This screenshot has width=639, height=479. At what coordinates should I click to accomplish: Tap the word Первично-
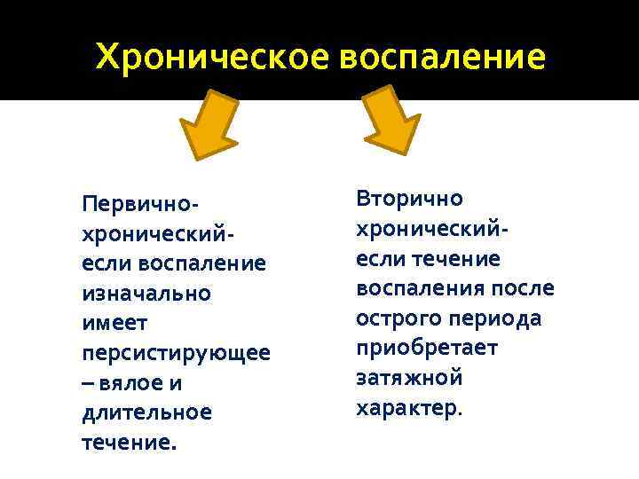tap(139, 204)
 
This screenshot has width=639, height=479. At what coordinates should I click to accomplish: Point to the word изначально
tap(146, 293)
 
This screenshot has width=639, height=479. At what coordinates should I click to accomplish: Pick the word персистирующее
tap(176, 353)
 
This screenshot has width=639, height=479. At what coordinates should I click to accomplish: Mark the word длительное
tap(146, 412)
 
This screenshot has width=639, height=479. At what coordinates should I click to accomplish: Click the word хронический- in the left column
tap(157, 233)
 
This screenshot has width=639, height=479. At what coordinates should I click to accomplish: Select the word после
tap(522, 288)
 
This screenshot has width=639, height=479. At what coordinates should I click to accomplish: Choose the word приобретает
tap(427, 348)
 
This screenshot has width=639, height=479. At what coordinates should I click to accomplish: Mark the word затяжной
tap(409, 378)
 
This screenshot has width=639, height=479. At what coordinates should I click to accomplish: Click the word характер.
tap(409, 408)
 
